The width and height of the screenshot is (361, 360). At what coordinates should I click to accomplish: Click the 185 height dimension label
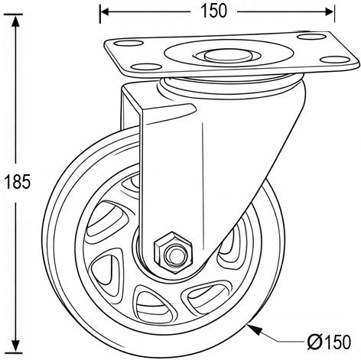pos(18,182)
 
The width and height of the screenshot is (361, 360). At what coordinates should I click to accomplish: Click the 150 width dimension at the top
pos(214,11)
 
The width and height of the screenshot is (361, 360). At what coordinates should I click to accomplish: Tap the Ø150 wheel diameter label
pos(329,342)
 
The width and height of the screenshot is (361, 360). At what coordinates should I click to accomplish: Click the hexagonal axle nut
pos(173,252)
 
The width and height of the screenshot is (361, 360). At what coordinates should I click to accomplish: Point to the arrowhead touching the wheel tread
pos(254,329)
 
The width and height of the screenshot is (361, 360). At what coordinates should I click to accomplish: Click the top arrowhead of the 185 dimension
pos(16,21)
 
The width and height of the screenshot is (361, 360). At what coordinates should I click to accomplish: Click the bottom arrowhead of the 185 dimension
pos(16,346)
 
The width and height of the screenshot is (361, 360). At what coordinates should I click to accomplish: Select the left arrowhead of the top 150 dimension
pos(105,11)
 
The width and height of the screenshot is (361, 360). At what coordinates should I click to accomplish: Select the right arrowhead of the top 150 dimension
pos(329,11)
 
